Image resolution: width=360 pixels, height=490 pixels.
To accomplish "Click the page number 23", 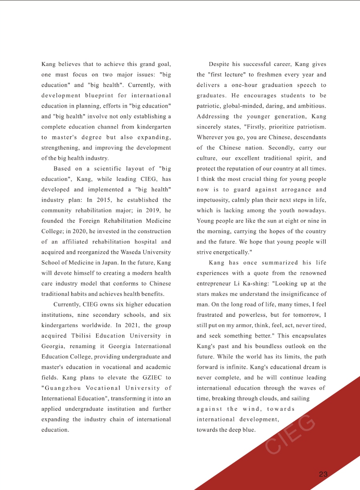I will point(323,474).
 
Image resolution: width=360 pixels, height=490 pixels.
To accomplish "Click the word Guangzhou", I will point(65,388).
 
